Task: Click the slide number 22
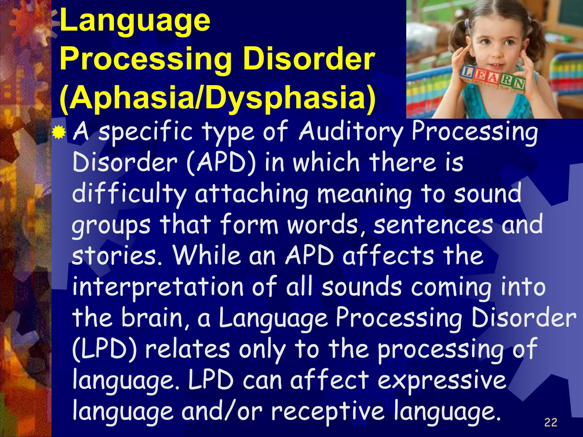pyautogui.click(x=551, y=422)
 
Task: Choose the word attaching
pyautogui.click(x=251, y=194)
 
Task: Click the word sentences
pyautogui.click(x=433, y=225)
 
